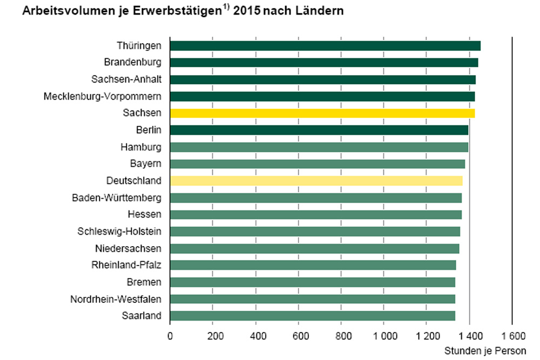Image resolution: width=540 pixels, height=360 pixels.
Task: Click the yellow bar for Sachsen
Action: coord(322,113)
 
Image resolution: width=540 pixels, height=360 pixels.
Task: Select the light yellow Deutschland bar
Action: coord(316,181)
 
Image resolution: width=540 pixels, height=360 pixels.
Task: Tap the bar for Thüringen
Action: coord(325,46)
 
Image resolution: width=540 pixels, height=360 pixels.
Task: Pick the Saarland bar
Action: coord(313,316)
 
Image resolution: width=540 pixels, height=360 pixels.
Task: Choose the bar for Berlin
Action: coord(319,130)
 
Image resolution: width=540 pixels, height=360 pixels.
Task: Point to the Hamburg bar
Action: coord(319,147)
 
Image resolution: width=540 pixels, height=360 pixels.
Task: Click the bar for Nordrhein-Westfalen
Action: coord(313,299)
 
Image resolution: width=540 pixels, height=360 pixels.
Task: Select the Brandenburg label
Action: coord(133,63)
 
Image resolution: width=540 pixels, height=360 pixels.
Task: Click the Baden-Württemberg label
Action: coord(117,198)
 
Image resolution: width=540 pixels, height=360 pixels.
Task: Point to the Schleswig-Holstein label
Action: coord(119,232)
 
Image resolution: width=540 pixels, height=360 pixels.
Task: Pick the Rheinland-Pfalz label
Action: coord(126,265)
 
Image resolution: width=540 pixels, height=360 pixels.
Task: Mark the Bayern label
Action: coord(146,164)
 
